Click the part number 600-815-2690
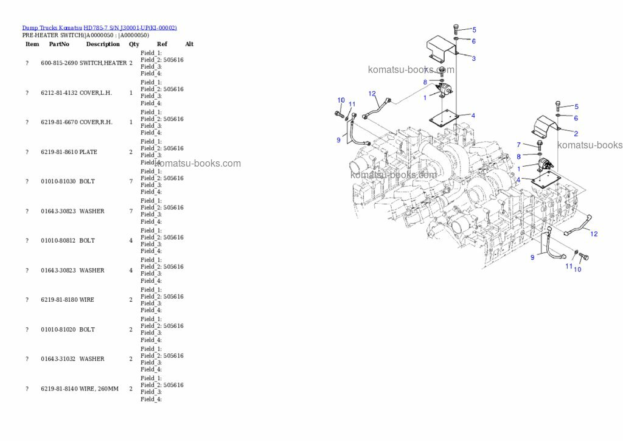tap(59, 63)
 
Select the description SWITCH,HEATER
tap(103, 63)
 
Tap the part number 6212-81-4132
tap(59, 93)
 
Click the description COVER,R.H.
tap(96, 122)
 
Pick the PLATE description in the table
tap(88, 152)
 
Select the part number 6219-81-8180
tap(59, 300)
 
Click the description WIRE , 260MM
tap(99, 389)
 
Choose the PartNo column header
tap(59, 44)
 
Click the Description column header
tap(103, 44)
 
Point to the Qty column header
tap(134, 44)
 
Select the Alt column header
tap(189, 44)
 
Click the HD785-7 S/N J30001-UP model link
tap(130, 28)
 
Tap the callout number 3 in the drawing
tap(473, 58)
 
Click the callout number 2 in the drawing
tap(576, 133)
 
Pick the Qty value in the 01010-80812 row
tap(131, 241)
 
